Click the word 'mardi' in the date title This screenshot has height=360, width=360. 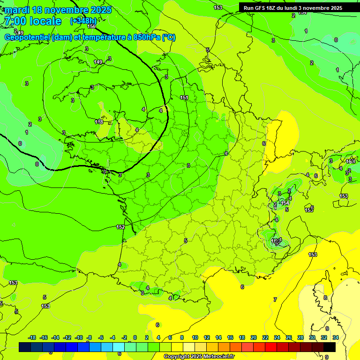click(x=17, y=10)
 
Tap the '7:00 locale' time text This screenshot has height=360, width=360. click(x=32, y=21)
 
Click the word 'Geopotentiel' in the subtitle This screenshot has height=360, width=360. click(x=28, y=37)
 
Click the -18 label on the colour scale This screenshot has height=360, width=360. click(x=32, y=337)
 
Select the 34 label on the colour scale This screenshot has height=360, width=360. click(x=335, y=337)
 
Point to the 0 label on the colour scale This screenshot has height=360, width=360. click(x=135, y=337)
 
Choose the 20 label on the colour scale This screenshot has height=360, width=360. click(x=254, y=337)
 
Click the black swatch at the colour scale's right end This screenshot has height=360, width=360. click(x=330, y=347)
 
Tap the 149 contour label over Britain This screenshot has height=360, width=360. click(x=98, y=62)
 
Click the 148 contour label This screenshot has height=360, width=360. click(x=99, y=122)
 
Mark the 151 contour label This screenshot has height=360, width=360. click(x=184, y=97)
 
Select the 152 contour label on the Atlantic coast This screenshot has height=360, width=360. click(x=120, y=227)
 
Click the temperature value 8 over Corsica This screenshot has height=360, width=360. click(x=325, y=298)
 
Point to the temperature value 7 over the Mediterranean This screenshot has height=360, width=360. click(x=275, y=299)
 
